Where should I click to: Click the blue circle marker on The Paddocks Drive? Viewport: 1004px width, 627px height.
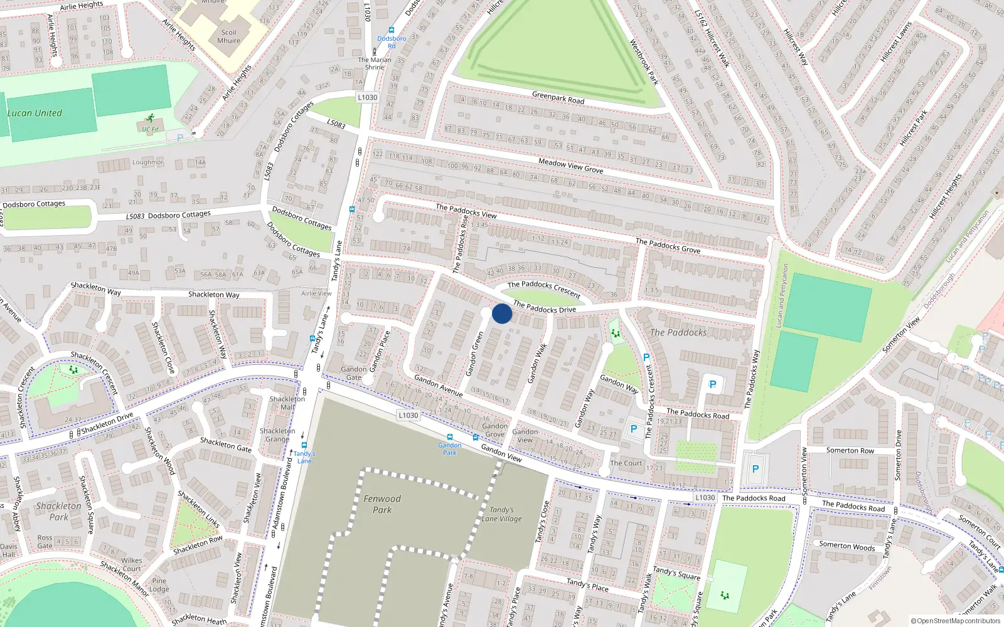pos(502,313)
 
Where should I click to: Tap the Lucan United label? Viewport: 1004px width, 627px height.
pos(35,113)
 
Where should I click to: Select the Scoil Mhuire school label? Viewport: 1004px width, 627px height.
pos(228,36)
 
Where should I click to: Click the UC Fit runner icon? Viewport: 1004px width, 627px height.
pos(150,118)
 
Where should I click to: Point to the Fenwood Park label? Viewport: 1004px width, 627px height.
pos(382,504)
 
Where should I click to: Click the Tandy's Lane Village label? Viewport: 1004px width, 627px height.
pos(501,514)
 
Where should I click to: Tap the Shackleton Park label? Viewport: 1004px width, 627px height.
pos(58,511)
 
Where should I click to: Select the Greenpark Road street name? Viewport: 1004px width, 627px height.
pos(558,98)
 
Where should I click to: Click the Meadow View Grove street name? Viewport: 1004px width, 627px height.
pos(570,166)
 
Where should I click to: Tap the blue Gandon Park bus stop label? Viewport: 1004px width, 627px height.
pos(449,448)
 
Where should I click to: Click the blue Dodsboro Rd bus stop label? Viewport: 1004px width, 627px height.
pos(392,42)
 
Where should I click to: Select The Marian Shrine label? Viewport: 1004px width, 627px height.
pos(375,63)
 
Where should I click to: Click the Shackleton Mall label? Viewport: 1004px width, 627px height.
pos(287,403)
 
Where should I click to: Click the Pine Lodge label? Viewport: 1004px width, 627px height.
pos(159,584)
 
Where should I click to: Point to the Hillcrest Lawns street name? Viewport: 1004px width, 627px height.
pos(895,42)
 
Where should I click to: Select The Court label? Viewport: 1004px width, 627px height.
pos(626,463)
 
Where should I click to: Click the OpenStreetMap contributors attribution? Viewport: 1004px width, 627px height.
pos(955,621)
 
